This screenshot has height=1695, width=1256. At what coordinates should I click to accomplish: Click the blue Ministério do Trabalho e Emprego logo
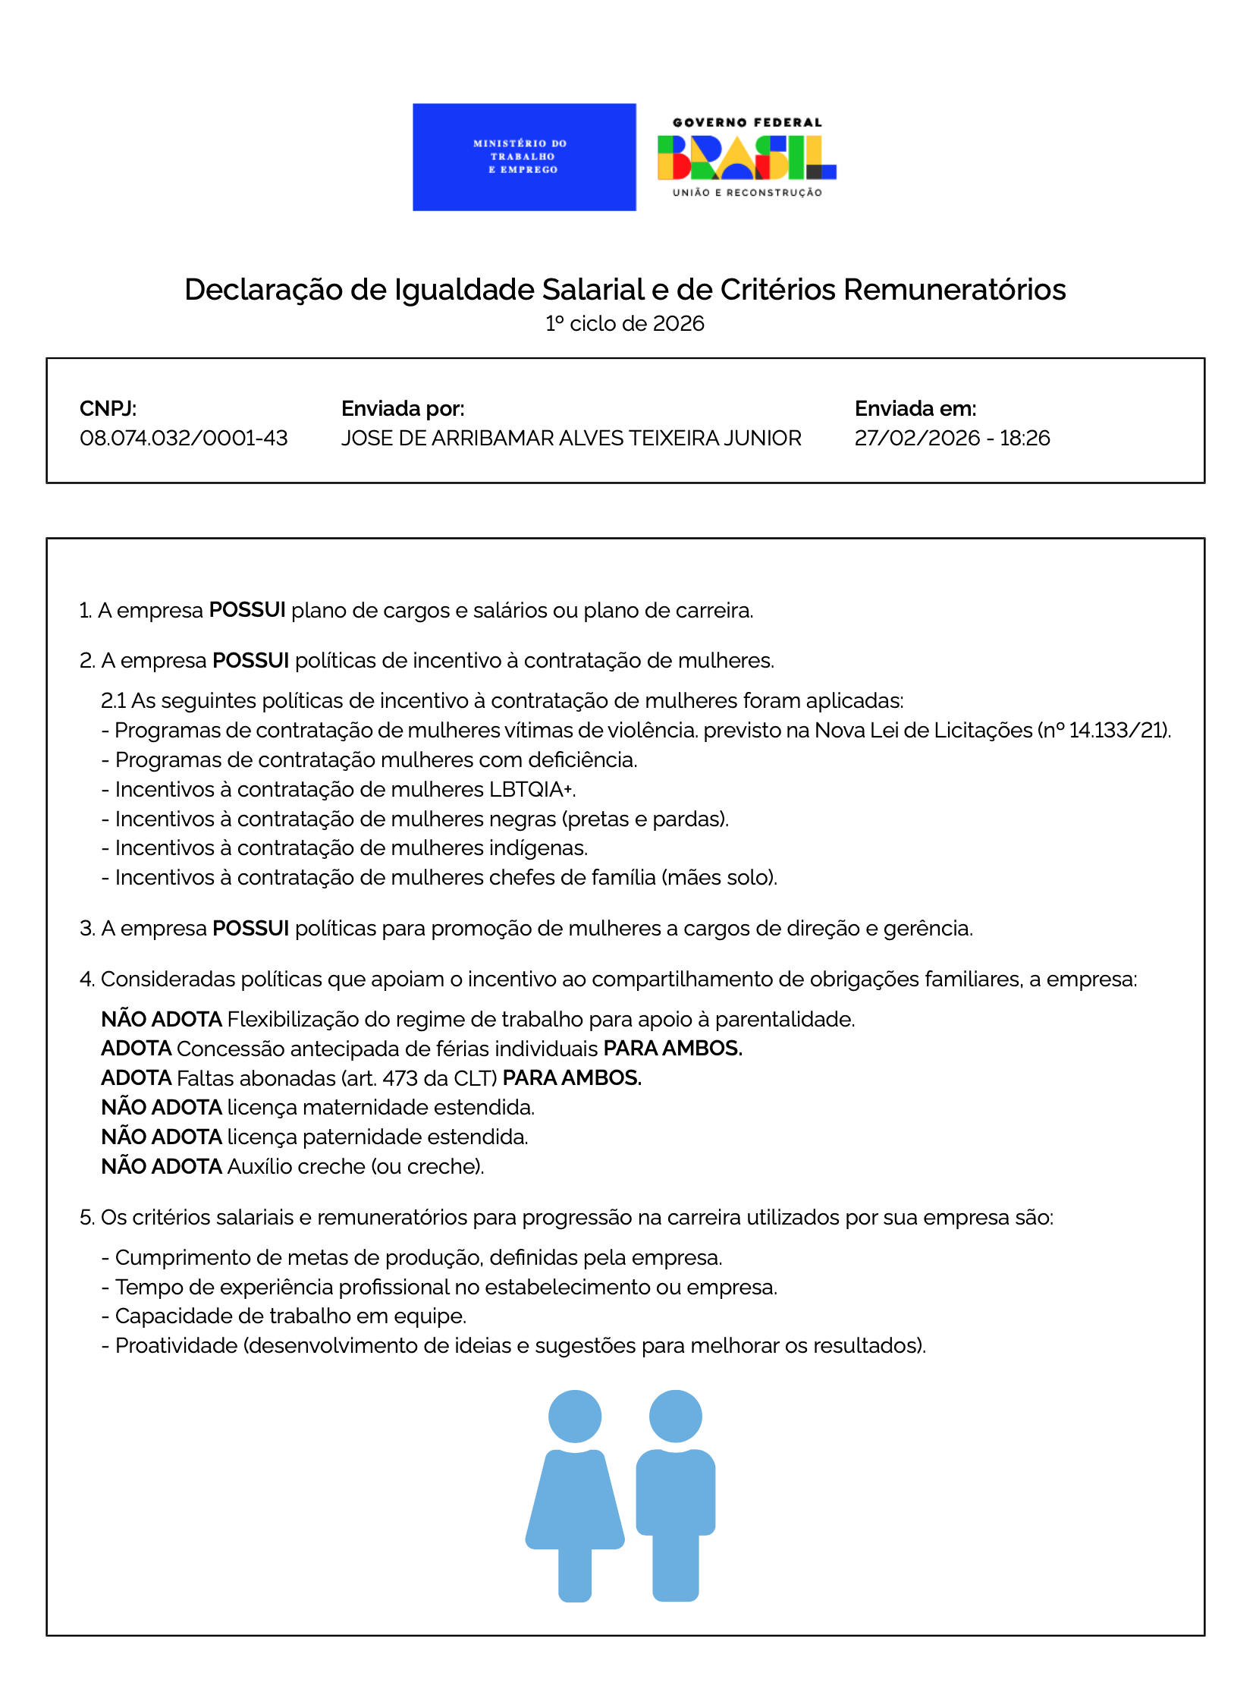click(524, 156)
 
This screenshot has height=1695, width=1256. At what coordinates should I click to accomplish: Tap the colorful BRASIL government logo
click(746, 157)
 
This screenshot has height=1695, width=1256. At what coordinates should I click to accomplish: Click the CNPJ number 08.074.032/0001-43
click(184, 438)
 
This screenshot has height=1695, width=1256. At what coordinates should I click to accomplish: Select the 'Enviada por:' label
click(402, 408)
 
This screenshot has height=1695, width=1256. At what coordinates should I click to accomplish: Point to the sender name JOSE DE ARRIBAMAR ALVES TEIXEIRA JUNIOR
click(570, 438)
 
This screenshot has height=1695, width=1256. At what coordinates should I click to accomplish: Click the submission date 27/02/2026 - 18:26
click(951, 438)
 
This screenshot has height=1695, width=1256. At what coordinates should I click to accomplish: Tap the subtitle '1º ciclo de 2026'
click(624, 324)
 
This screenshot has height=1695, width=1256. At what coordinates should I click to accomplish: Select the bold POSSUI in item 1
click(247, 610)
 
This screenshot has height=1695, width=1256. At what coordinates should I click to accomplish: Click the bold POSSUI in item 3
click(250, 929)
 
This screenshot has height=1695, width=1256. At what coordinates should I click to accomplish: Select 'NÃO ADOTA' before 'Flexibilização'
click(162, 1019)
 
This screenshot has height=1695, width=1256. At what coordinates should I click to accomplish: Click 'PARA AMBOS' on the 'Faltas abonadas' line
click(571, 1077)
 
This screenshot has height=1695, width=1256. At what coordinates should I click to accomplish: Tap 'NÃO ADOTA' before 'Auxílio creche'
click(162, 1166)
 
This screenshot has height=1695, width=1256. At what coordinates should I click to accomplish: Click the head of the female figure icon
click(574, 1417)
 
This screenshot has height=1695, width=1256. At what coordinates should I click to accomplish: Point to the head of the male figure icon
click(675, 1417)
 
